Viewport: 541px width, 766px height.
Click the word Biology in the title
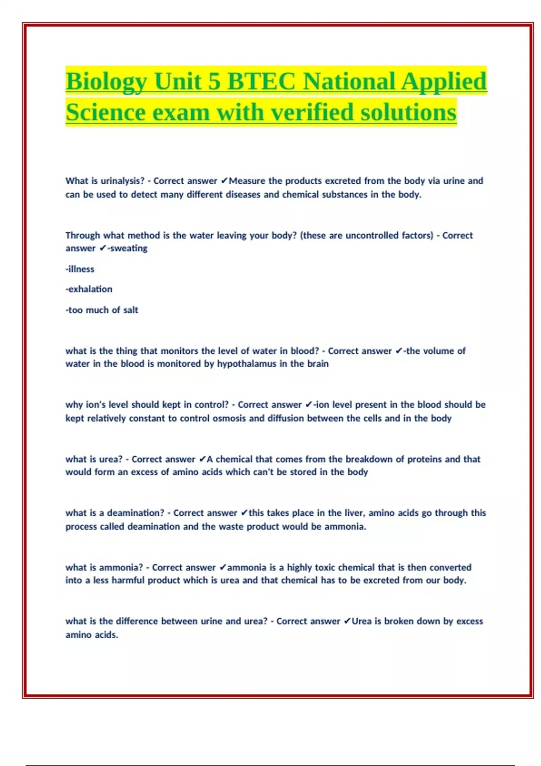[x=106, y=82]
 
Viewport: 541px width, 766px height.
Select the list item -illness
[x=80, y=269]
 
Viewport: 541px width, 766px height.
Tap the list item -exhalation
[x=89, y=289]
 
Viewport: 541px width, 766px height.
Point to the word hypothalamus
[x=246, y=364]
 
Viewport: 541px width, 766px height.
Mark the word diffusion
[x=285, y=418]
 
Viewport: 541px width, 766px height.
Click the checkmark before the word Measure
[x=224, y=181]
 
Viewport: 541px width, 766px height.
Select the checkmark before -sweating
[x=103, y=248]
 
